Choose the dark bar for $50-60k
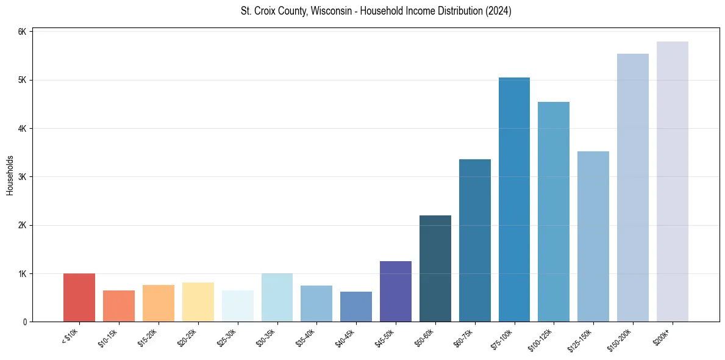pos(435,268)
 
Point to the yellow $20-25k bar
pos(198,302)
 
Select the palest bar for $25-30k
pos(237,306)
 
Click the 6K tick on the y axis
pos(23,32)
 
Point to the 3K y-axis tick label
pos(23,177)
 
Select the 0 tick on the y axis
pos(24,322)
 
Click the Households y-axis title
pos(10,175)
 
